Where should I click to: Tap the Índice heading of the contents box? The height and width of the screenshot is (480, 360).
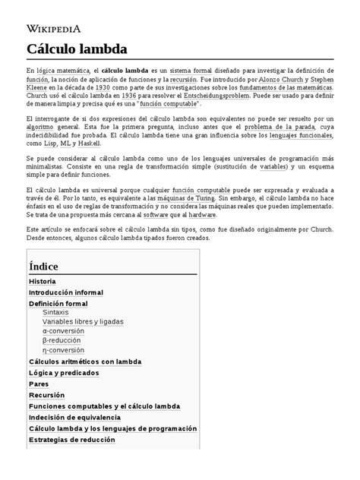(43, 267)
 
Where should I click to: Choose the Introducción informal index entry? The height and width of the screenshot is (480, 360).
(65, 292)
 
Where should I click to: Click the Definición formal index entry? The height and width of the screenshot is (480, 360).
(58, 303)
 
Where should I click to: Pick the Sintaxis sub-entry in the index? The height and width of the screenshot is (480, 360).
(55, 312)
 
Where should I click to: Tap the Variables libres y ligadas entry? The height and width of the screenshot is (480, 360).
(84, 322)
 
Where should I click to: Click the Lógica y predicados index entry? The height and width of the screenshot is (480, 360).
(64, 373)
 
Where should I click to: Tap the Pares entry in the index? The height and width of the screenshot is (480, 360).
(38, 384)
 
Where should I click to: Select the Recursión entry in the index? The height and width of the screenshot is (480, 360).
(46, 395)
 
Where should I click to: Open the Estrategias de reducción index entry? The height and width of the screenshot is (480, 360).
(71, 439)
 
